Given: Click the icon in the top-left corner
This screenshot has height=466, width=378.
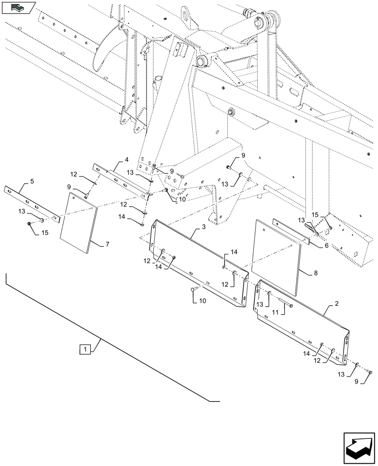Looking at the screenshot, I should point(18,7).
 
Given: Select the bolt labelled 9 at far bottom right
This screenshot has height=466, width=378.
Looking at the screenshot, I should point(370,371).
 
